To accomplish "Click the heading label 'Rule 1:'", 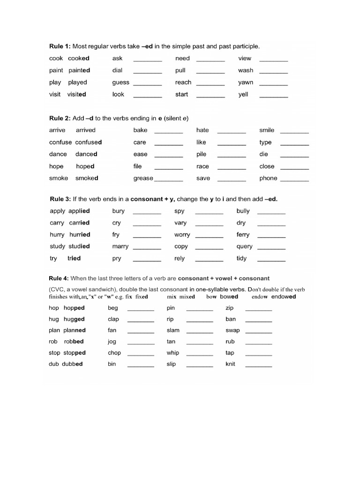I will click(x=60, y=46).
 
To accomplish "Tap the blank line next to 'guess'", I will click(x=148, y=83).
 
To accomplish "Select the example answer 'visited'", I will click(x=77, y=94).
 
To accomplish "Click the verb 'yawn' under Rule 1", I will click(x=246, y=82).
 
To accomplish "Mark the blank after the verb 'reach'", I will click(x=210, y=83).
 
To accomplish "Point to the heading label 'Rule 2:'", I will click(x=60, y=118).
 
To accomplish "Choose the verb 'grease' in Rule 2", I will click(x=143, y=178).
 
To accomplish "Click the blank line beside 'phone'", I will click(x=294, y=180).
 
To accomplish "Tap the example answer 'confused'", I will click(x=89, y=142).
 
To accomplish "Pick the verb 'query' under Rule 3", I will click(x=245, y=247).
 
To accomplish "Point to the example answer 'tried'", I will click(x=74, y=258).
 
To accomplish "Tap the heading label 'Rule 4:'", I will click(x=60, y=278).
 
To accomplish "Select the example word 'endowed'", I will click(x=284, y=297).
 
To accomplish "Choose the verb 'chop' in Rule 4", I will click(x=114, y=353).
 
